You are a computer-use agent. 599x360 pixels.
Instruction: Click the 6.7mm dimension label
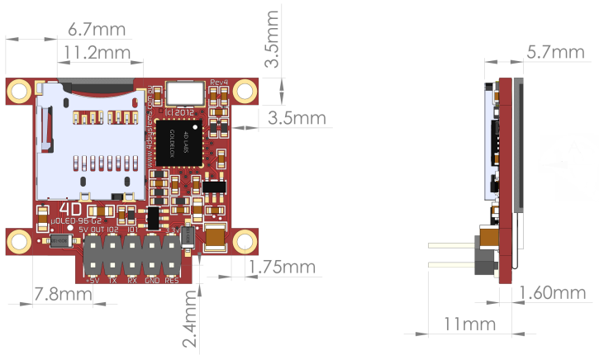point(97,31)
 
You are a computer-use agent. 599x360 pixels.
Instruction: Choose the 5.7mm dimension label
point(555,53)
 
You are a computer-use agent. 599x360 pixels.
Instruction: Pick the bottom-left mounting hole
point(18,240)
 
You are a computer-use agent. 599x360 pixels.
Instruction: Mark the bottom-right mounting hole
point(244,240)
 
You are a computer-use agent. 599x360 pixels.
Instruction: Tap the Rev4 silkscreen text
point(219,82)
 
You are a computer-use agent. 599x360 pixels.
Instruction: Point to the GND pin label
point(152,280)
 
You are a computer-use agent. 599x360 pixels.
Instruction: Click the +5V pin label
point(93,280)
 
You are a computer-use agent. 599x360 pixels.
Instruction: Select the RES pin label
point(172,280)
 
